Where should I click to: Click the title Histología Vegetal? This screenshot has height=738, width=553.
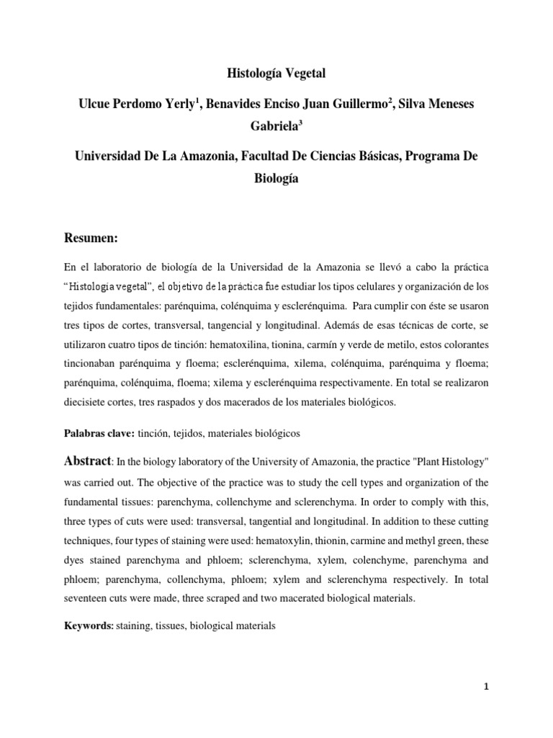[x=276, y=73]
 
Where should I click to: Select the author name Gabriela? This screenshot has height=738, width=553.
[x=274, y=128]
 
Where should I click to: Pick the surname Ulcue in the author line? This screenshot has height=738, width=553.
[x=96, y=105]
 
